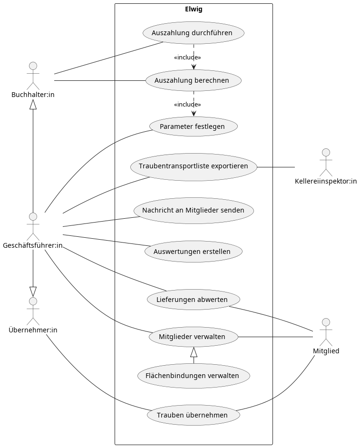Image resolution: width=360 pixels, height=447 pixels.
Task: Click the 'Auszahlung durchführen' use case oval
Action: pos(193,33)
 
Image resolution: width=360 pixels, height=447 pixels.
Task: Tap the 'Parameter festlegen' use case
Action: pos(193,126)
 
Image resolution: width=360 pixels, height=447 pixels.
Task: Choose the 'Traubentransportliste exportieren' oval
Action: pos(193,166)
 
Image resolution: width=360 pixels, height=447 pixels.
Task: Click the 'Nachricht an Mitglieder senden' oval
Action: pos(193,210)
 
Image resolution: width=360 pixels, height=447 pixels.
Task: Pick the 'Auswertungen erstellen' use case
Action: pos(193,252)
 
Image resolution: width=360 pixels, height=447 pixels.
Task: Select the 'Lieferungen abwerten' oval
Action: pos(193,300)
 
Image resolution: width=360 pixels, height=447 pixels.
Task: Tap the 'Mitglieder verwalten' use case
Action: pos(193,337)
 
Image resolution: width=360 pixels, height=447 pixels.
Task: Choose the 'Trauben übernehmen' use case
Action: pos(193,415)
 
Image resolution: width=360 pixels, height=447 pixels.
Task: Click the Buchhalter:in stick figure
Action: pos(33,75)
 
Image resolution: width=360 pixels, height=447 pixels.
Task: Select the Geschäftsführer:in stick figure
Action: pos(33,226)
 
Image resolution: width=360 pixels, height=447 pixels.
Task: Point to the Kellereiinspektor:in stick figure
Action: pos(326,162)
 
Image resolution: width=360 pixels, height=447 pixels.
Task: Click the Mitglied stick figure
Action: pos(326,332)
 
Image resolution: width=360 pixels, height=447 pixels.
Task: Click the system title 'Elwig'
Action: pos(193,9)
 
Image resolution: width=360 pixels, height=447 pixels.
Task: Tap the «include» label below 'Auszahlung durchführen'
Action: pos(187,58)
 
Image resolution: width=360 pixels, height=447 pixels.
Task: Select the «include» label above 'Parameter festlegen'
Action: pos(187,105)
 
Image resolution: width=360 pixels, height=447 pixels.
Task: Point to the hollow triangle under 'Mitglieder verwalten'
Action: pos(194,352)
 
